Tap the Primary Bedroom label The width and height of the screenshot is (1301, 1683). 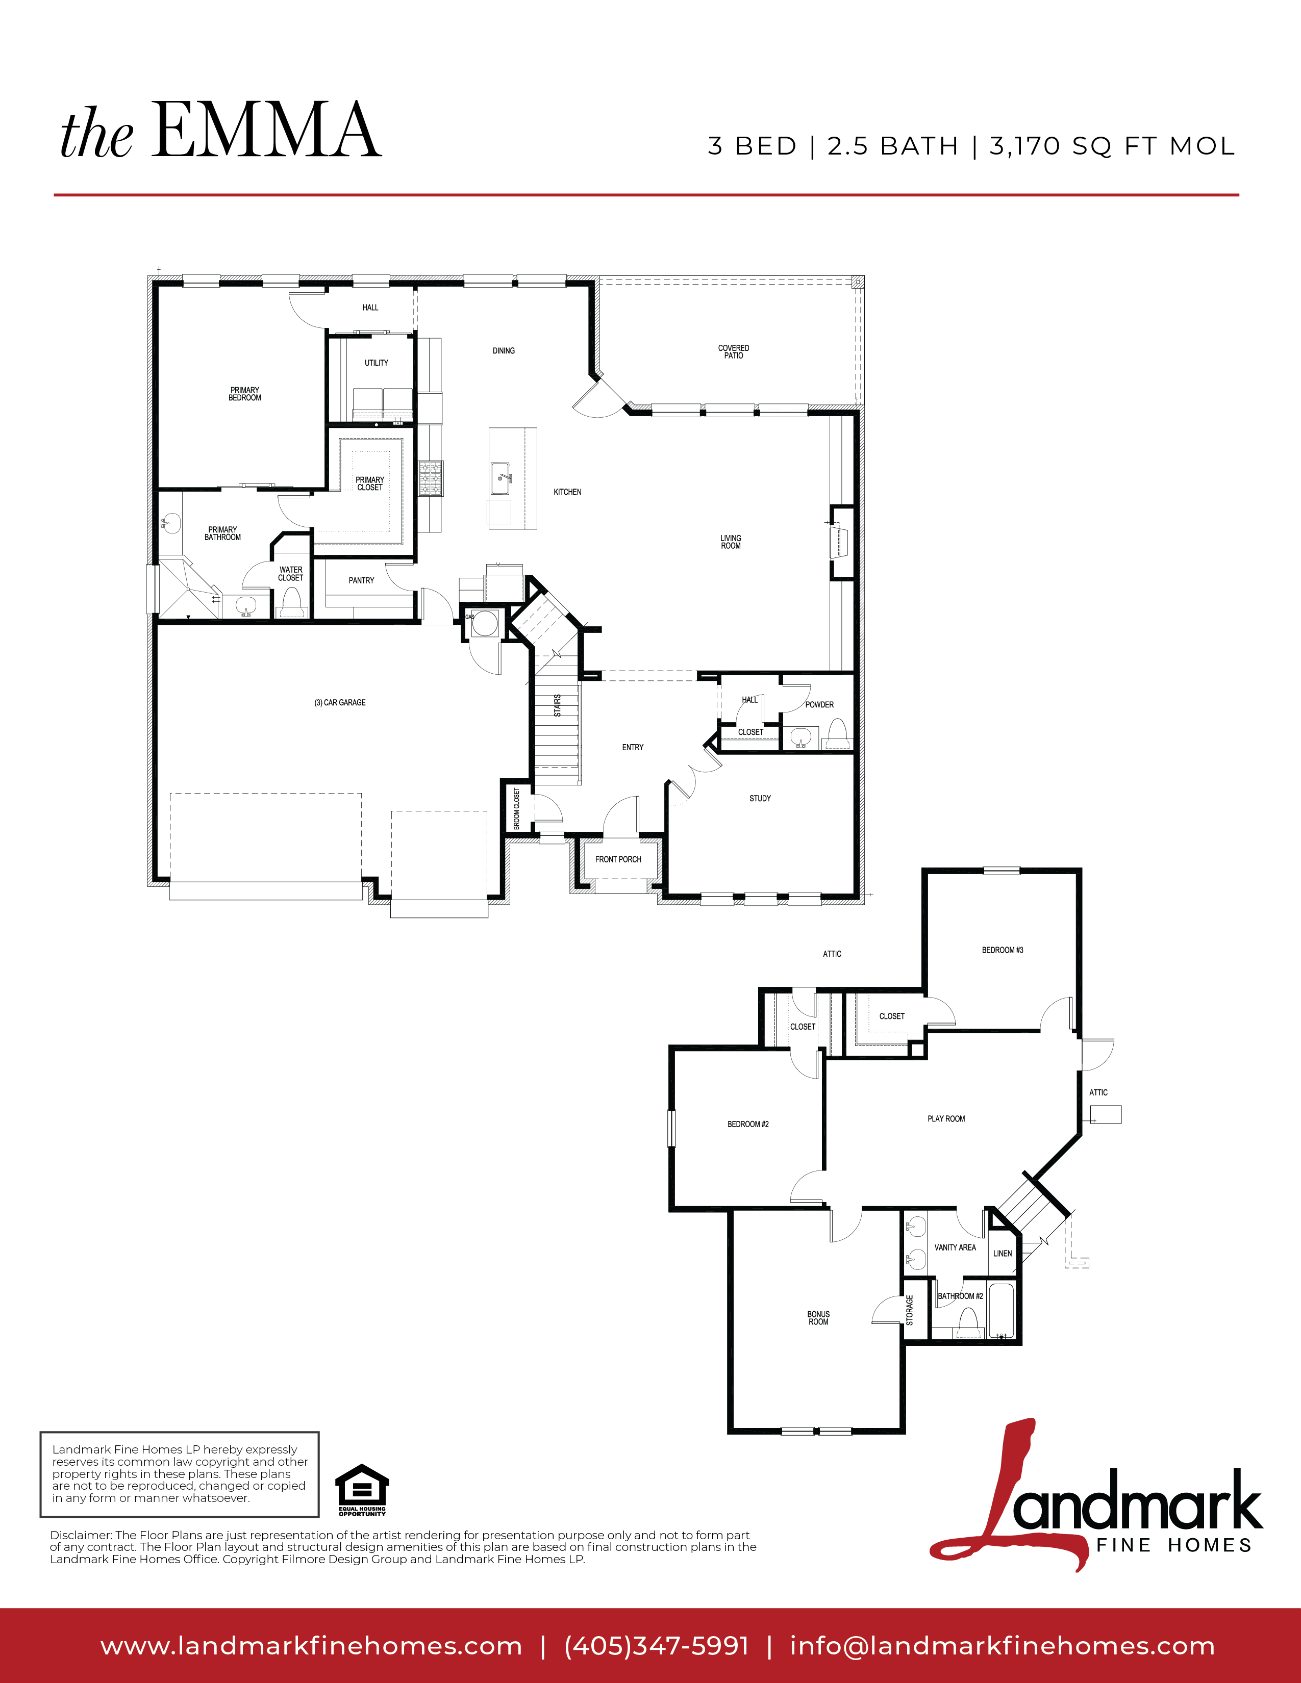point(245,394)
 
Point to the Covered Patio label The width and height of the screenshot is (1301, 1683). point(734,351)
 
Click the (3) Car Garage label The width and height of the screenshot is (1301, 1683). point(340,703)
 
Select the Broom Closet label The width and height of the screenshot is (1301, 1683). point(516,808)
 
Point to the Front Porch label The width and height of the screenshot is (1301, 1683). point(618,859)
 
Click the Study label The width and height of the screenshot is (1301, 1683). point(760,798)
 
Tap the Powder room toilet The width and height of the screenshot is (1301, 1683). point(837,733)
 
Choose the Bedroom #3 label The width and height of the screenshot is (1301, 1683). point(1003,950)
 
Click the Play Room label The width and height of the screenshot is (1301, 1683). point(946,1119)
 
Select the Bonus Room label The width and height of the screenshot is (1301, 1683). point(818,1318)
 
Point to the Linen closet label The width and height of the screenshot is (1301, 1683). point(1003,1254)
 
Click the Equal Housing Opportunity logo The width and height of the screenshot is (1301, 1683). point(362,1490)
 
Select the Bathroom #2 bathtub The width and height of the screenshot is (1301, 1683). point(1001,1310)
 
